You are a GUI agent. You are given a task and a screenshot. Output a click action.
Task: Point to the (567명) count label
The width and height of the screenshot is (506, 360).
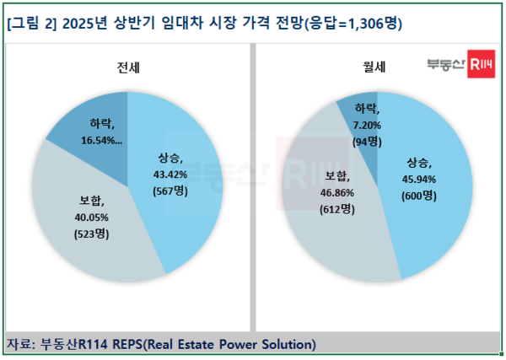coord(175,190)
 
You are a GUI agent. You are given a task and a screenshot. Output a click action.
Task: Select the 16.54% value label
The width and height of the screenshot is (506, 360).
coord(105,142)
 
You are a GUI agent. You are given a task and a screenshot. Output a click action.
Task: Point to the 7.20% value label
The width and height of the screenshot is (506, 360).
coord(368,126)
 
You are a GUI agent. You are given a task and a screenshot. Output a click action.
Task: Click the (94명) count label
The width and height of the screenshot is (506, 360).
coord(368,141)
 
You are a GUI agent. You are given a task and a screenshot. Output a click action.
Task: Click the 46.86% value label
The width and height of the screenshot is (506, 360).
coord(339,192)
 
